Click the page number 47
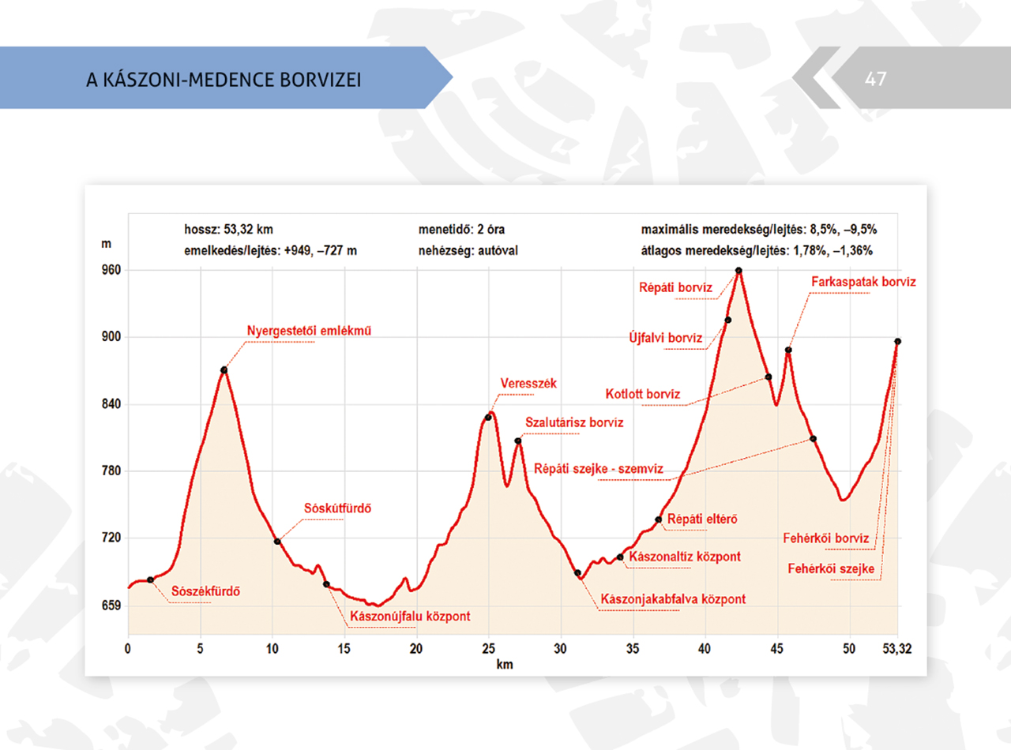[x=876, y=79]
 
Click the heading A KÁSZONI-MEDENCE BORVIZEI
[x=224, y=80]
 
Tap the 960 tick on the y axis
[x=111, y=270]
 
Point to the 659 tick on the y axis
[x=111, y=606]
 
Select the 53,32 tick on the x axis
[x=897, y=649]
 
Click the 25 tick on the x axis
[x=489, y=649]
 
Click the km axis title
[x=505, y=664]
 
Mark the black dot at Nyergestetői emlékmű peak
[x=224, y=370]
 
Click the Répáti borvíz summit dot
[x=739, y=271]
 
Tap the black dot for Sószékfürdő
[x=150, y=579]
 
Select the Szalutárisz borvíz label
[x=574, y=422]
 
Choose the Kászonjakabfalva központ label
[x=673, y=598]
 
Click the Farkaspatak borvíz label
[x=863, y=282]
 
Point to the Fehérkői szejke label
[x=831, y=568]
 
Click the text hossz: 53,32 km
[x=228, y=229]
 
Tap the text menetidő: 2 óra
[x=461, y=229]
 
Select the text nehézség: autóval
[x=468, y=250]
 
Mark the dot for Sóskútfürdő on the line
[x=277, y=542]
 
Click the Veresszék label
[x=528, y=383]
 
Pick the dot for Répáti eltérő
[x=658, y=519]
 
